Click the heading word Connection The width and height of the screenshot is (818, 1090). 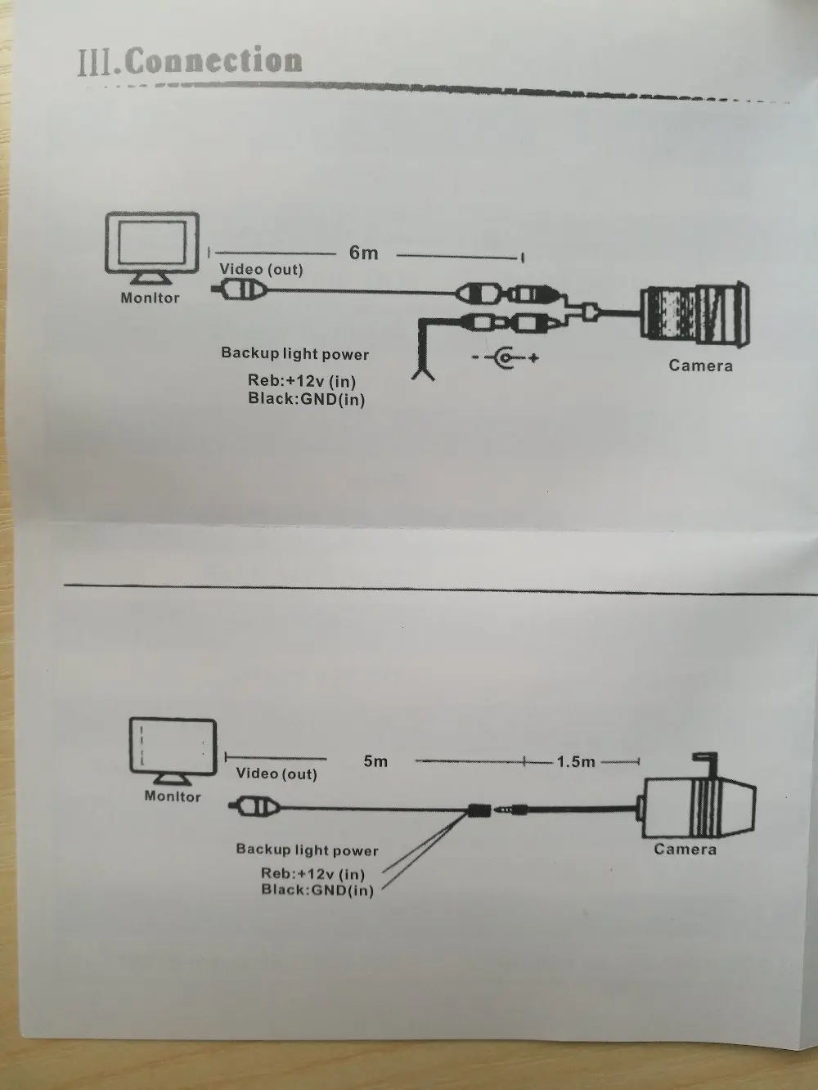click(214, 61)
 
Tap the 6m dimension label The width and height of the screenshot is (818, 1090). click(363, 253)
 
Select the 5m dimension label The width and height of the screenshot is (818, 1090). click(375, 761)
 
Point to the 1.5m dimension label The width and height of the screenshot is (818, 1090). click(576, 762)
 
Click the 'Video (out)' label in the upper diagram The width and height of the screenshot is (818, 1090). click(261, 270)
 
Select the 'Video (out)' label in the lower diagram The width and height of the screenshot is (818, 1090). click(276, 774)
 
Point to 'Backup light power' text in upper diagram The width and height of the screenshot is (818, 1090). click(295, 353)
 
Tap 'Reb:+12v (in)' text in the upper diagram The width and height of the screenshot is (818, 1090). click(302, 381)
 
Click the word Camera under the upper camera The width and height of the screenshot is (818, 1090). click(701, 366)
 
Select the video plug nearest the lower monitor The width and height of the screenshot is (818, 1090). click(254, 807)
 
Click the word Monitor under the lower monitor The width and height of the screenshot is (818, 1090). click(173, 796)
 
